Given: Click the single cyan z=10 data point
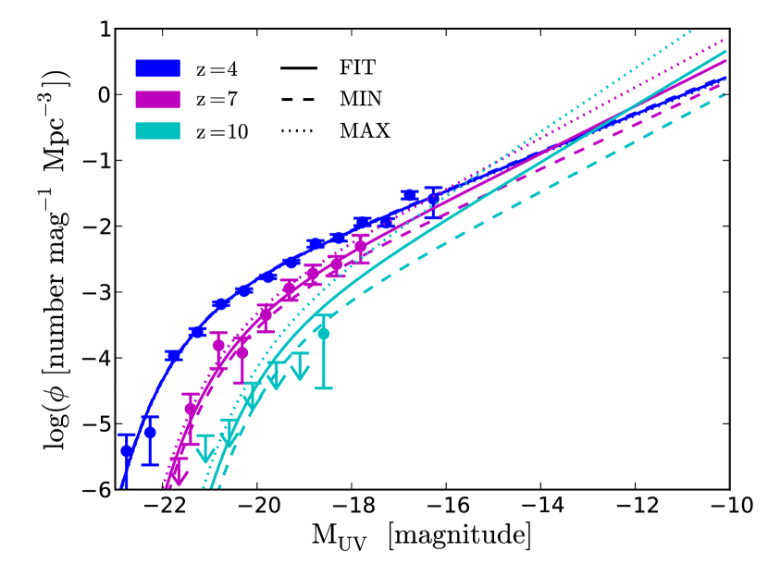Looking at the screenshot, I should pos(324,334).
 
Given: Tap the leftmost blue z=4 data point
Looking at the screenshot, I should pos(127,451).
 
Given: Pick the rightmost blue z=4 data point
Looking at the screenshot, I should pos(433,199).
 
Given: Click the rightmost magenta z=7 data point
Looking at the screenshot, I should pos(361,246).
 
